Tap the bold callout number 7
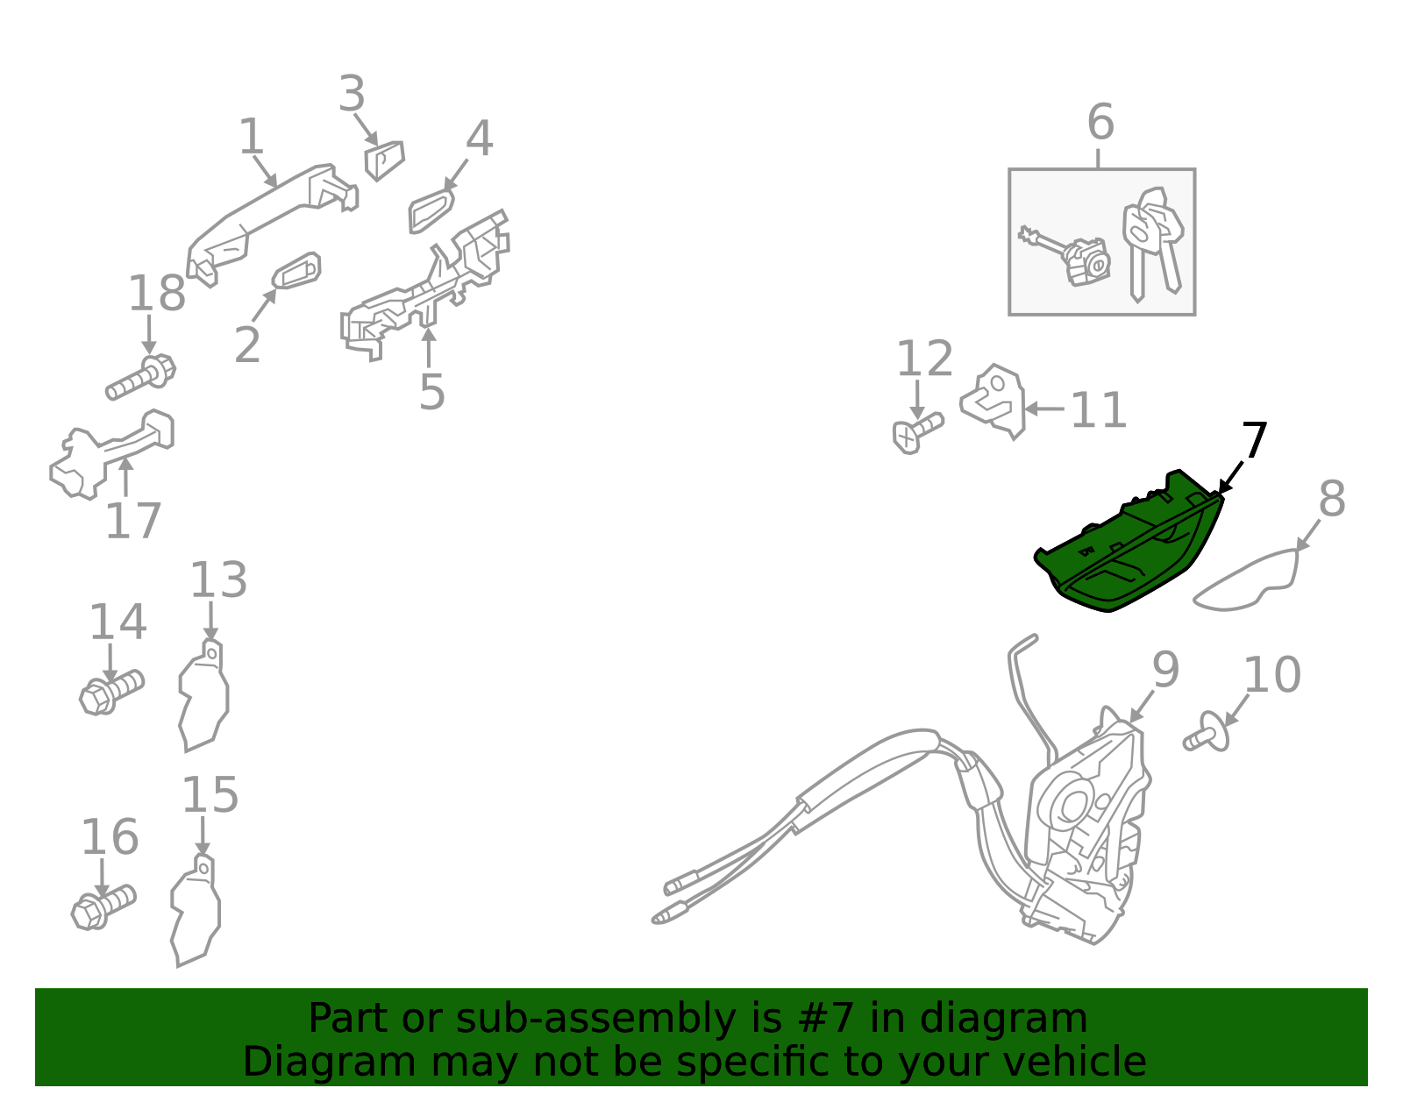[x=1254, y=440]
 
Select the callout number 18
[x=157, y=294]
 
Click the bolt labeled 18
[x=141, y=377]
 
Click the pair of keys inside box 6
[x=1153, y=244]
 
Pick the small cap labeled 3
[x=384, y=160]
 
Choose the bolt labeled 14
[x=111, y=692]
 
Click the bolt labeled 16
[x=103, y=907]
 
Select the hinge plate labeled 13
[x=203, y=695]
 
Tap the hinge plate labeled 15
[x=195, y=910]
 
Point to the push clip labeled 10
[x=1206, y=732]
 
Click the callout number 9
[x=1165, y=669]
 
